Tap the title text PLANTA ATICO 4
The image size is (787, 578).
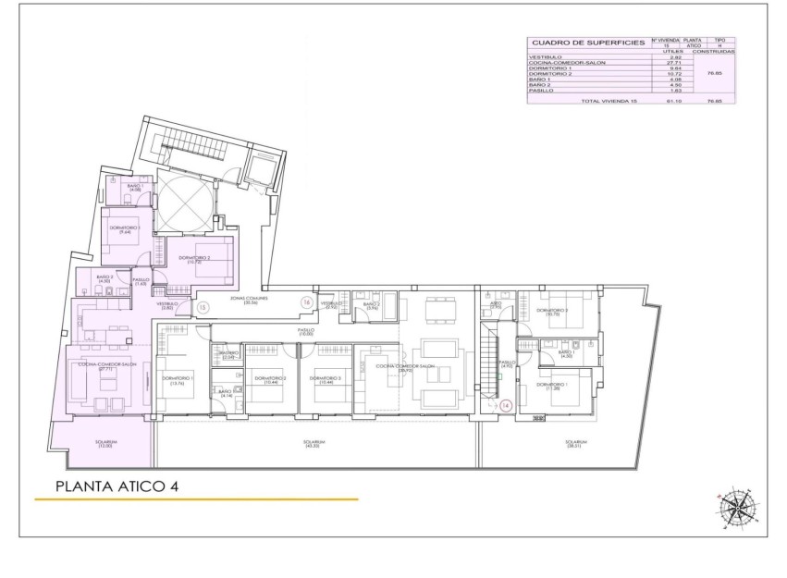(x=117, y=486)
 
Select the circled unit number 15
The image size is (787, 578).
(x=203, y=305)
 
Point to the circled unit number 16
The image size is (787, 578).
(x=306, y=301)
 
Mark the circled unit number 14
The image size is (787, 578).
(x=505, y=404)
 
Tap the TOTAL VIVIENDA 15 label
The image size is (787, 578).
(x=609, y=100)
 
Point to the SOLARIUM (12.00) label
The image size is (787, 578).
(x=105, y=445)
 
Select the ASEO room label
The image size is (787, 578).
(x=496, y=302)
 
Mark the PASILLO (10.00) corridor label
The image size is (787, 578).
(x=306, y=331)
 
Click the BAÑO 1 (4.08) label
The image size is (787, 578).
(x=135, y=189)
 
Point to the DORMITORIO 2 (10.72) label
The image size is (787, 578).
(x=194, y=260)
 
